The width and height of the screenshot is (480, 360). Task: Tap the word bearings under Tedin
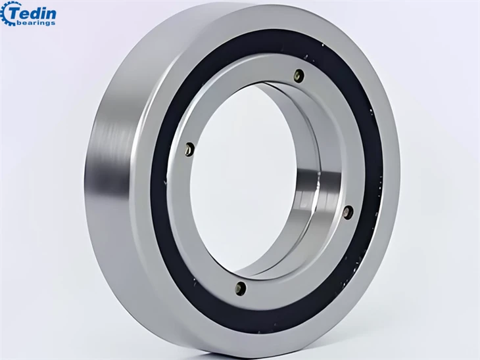(x=36, y=23)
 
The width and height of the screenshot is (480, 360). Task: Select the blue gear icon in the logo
(x=5, y=14)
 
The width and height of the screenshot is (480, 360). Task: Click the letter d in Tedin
(x=36, y=13)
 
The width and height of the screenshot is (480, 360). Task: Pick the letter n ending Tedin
(x=52, y=14)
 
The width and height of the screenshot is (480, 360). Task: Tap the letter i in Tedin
(x=45, y=13)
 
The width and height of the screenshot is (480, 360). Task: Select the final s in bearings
(x=53, y=23)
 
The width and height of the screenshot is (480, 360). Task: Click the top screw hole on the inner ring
(x=299, y=76)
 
